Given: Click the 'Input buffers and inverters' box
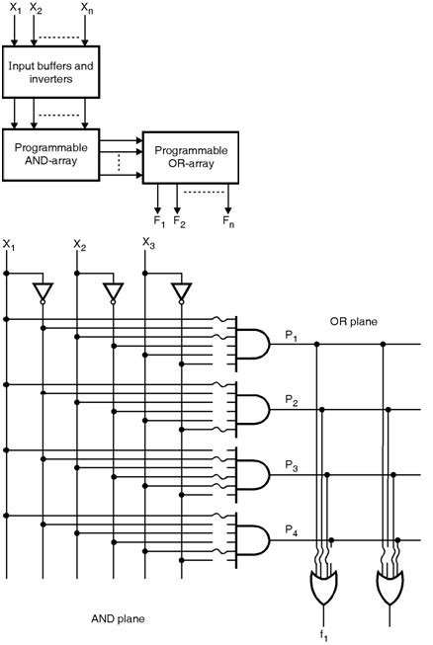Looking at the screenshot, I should click(50, 71).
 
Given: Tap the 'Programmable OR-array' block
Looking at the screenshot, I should click(190, 156).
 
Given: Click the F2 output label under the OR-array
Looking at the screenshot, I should click(179, 222).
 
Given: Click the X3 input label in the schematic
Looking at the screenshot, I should click(148, 243).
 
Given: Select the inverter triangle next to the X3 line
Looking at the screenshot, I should click(179, 291).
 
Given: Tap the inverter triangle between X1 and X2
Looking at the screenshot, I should click(42, 291).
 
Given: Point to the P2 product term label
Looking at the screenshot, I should click(292, 400).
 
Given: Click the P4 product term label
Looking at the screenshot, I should click(292, 530).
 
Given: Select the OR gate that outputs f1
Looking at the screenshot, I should click(323, 590).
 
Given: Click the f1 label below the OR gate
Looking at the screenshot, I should click(323, 633).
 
